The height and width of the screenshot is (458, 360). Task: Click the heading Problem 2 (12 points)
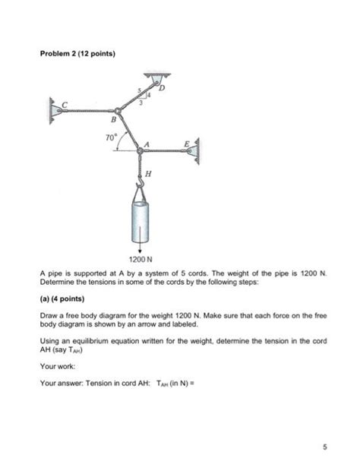coord(77,54)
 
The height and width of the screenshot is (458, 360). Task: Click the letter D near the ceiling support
coord(162,87)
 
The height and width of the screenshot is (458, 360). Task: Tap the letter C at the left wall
coord(65,105)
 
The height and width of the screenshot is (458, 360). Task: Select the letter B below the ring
coord(114,119)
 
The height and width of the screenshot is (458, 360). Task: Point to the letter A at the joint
coord(147,144)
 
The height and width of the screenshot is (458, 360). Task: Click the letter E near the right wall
coord(187,144)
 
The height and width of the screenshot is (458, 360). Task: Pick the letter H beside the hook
coord(148,174)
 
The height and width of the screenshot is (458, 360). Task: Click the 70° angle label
coord(111,137)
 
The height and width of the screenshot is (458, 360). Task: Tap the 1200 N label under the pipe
coord(141,259)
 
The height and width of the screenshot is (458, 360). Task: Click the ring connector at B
coord(118,111)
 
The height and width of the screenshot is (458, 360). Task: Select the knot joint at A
coord(141,150)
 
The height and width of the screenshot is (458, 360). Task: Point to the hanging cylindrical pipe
coord(141,222)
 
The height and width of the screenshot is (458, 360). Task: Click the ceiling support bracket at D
coord(157,79)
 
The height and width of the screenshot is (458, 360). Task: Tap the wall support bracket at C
coord(55,111)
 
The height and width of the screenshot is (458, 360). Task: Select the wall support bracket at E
coord(194,151)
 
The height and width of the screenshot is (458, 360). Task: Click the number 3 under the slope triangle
coord(141,103)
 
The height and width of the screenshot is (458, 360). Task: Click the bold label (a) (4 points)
coord(62,298)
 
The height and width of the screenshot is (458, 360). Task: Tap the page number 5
coord(325,447)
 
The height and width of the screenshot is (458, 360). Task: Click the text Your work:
coord(58,366)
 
